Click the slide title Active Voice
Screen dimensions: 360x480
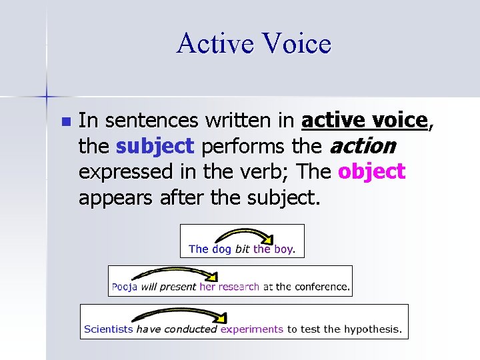253,44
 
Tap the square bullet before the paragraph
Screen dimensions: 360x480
64,122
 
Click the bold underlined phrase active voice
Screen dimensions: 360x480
364,121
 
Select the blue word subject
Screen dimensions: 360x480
155,146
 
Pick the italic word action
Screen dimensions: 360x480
364,146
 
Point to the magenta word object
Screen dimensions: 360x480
371,171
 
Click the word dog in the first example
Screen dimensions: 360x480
221,249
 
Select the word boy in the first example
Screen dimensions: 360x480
284,249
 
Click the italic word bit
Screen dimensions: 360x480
242,249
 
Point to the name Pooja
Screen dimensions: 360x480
125,287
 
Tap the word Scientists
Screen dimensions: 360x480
109,329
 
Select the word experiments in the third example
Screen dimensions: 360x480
252,329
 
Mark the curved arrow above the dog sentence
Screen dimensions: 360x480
244,235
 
